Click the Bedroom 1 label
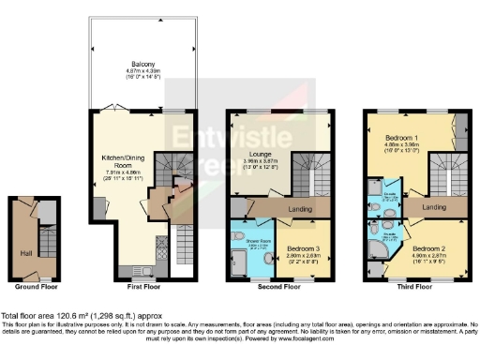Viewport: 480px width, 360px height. coord(398,138)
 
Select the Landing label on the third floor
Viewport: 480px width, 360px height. coord(433,205)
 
